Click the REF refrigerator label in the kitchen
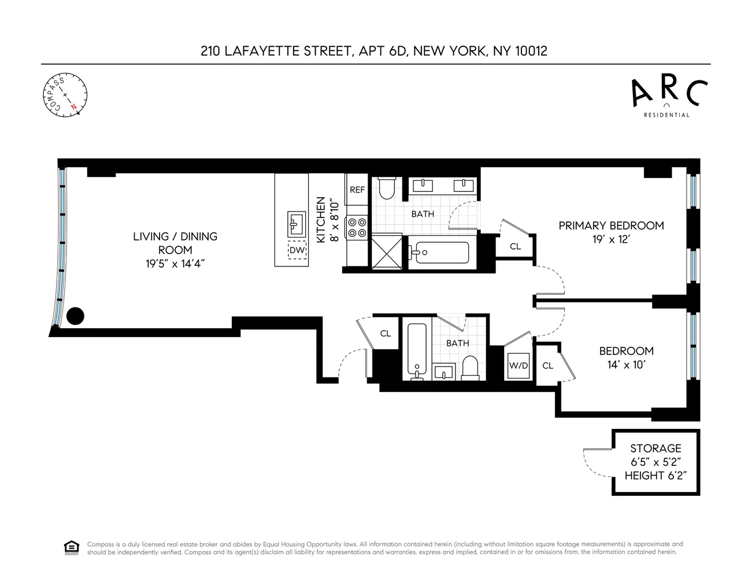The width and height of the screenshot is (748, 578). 357,189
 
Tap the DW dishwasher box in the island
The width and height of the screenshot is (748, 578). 297,250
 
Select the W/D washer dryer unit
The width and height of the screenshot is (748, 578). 518,365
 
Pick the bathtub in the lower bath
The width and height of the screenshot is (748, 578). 417,350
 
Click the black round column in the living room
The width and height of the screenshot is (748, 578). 75,316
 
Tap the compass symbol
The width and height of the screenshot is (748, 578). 65,95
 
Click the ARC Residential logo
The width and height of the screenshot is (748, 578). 666,98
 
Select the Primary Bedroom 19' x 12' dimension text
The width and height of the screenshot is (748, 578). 611,239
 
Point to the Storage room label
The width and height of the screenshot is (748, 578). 656,449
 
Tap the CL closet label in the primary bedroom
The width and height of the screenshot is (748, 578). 515,247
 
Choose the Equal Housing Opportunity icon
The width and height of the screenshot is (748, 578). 71,547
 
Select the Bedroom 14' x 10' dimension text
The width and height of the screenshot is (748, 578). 626,365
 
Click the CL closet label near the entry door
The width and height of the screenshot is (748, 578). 385,334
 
